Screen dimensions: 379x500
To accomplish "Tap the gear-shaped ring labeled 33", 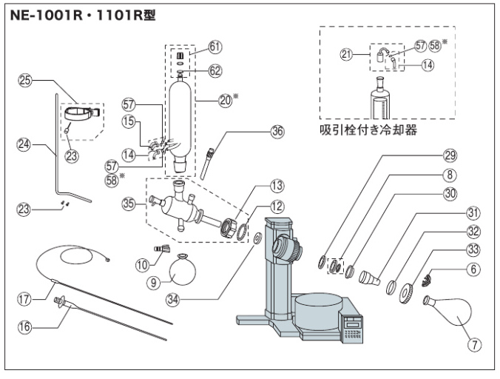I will coord(405,291).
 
